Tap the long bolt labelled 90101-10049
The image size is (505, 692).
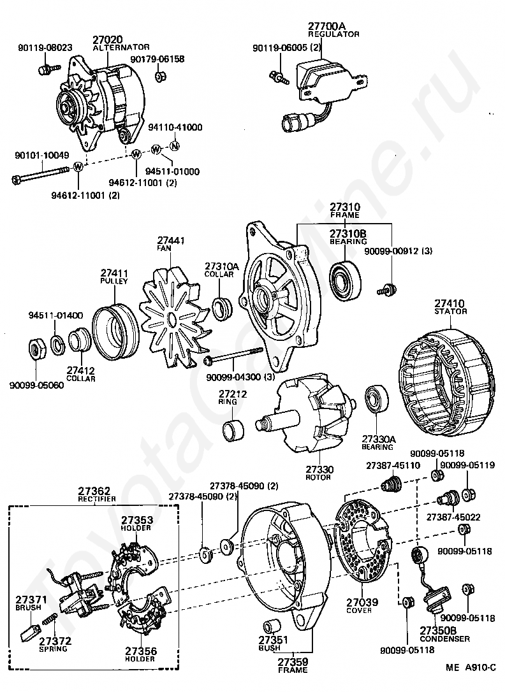[x=42, y=174]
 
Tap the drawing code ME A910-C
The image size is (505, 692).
[x=471, y=667]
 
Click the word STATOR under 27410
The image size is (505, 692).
[x=451, y=311]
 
